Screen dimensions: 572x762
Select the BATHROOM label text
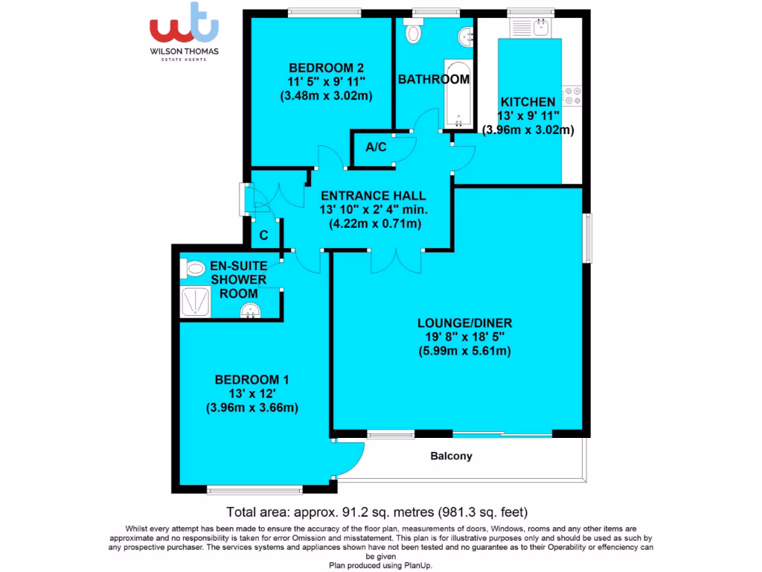(x=434, y=79)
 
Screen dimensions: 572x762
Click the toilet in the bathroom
(x=412, y=34)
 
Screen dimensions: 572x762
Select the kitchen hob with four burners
(x=573, y=95)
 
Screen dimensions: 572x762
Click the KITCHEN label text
(x=527, y=102)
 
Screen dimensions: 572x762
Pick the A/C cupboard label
(x=376, y=147)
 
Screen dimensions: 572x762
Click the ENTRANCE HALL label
(x=373, y=195)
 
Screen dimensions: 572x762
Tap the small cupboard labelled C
(x=263, y=235)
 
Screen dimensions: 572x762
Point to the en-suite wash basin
(x=251, y=311)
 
